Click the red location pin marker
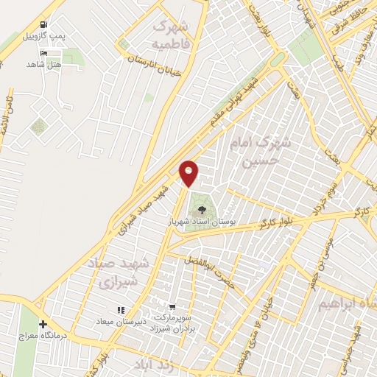point(189,172)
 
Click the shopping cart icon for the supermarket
point(172,307)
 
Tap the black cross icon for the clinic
point(43,324)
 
